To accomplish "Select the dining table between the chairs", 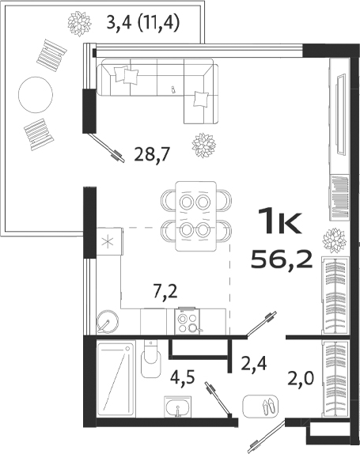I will (195, 215).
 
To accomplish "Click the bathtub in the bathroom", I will (115, 379).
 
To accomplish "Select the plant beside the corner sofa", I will (203, 145).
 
